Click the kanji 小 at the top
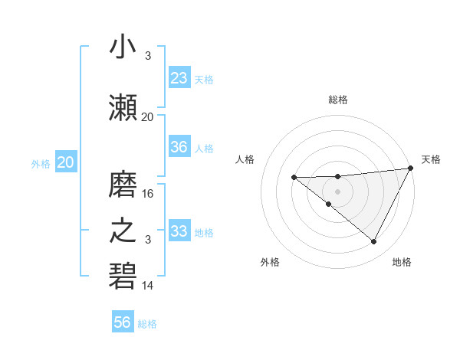123,47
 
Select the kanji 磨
123,185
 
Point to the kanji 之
123,231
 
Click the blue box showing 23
179,77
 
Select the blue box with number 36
179,147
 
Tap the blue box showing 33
179,231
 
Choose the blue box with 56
123,322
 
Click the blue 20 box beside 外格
66,162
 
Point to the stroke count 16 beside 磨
148,194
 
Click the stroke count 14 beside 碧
148,286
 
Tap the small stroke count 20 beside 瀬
148,116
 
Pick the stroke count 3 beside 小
147,56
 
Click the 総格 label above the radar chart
337,100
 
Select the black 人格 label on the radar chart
245,159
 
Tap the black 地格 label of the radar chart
402,262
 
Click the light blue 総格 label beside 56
147,324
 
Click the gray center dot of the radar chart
337,190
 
